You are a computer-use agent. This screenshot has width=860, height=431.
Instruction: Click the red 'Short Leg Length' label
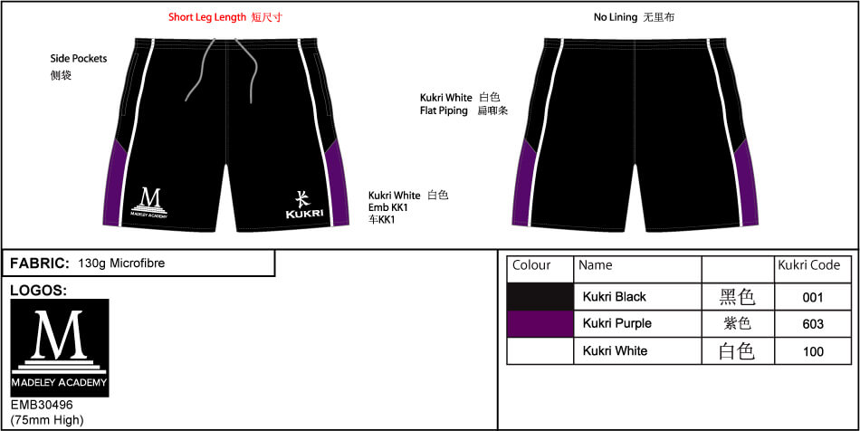[x=207, y=17]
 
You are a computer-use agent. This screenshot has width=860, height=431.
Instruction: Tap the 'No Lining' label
[x=616, y=17]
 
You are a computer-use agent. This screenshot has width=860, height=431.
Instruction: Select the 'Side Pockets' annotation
[x=79, y=59]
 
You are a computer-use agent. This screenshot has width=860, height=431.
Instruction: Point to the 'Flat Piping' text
[x=444, y=110]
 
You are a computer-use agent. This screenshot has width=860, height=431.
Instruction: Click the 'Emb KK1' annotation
[x=388, y=208]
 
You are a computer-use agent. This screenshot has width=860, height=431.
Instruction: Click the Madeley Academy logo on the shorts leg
[x=149, y=203]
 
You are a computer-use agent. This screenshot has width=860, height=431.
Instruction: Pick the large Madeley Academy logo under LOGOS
[x=60, y=348]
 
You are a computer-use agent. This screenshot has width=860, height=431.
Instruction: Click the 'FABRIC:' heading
[x=40, y=263]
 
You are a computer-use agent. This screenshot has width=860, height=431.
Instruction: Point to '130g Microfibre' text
[x=122, y=263]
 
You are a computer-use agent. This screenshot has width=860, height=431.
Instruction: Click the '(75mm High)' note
[x=47, y=420]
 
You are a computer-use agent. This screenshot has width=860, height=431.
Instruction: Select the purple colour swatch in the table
[x=540, y=323]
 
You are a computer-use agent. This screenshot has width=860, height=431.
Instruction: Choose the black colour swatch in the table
[x=540, y=297]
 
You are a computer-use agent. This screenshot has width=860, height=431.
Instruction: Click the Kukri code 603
[x=812, y=324]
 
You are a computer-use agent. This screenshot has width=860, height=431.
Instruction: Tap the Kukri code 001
[x=812, y=297]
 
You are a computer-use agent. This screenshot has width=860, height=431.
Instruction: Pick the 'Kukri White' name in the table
[x=615, y=350]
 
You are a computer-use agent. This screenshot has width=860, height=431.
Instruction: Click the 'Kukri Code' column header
[x=809, y=265]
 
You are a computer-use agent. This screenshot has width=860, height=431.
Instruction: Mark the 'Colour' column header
[x=531, y=265]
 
